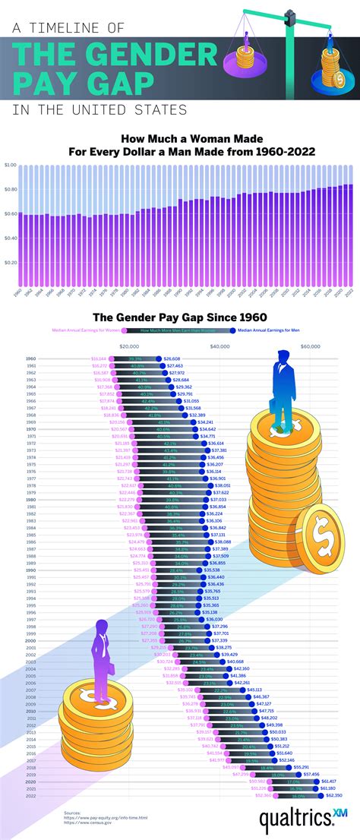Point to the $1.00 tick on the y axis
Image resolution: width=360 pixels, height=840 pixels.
point(10,165)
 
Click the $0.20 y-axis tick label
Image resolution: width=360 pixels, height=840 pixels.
point(10,263)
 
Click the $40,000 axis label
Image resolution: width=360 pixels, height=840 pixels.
point(219,346)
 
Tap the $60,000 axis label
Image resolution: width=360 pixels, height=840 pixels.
point(310,346)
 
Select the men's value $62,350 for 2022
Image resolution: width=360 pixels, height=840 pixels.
point(334,794)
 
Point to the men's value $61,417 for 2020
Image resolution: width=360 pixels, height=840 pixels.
point(330,781)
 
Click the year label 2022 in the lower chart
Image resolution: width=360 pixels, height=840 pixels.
point(30,794)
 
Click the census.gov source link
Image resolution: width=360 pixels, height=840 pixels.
point(84,823)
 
